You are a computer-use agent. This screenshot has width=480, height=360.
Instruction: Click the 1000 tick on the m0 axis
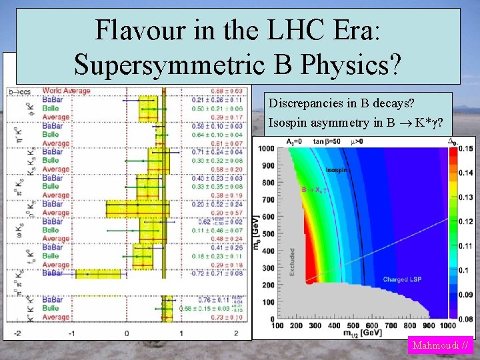[267, 148]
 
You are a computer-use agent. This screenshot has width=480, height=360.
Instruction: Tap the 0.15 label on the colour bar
[465, 148]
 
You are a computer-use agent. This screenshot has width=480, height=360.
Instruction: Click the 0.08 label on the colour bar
[465, 319]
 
